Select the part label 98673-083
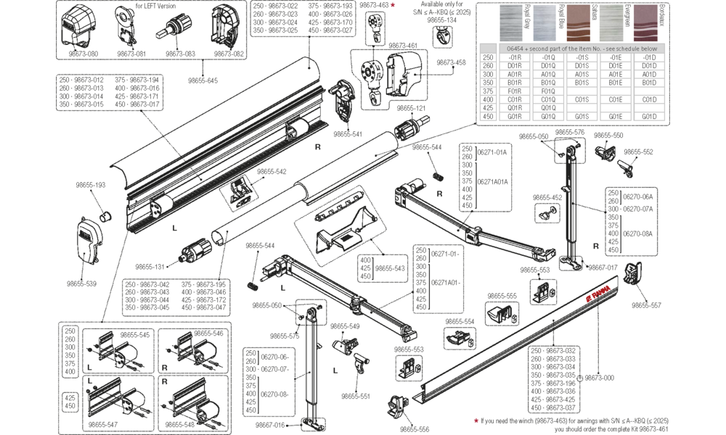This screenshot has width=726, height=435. click(x=179, y=54)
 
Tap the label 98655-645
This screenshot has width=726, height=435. click(x=203, y=80)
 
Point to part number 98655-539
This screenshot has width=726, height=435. click(x=86, y=284)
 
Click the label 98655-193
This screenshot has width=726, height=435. click(x=91, y=186)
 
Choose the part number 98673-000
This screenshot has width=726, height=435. click(x=599, y=377)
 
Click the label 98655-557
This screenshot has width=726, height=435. click(x=646, y=305)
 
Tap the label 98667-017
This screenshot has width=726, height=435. click(x=602, y=268)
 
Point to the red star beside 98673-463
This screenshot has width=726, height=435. click(x=393, y=5)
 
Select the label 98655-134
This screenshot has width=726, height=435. click(x=441, y=20)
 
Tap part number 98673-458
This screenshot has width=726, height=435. click(x=451, y=63)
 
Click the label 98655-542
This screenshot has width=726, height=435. click(x=271, y=172)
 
